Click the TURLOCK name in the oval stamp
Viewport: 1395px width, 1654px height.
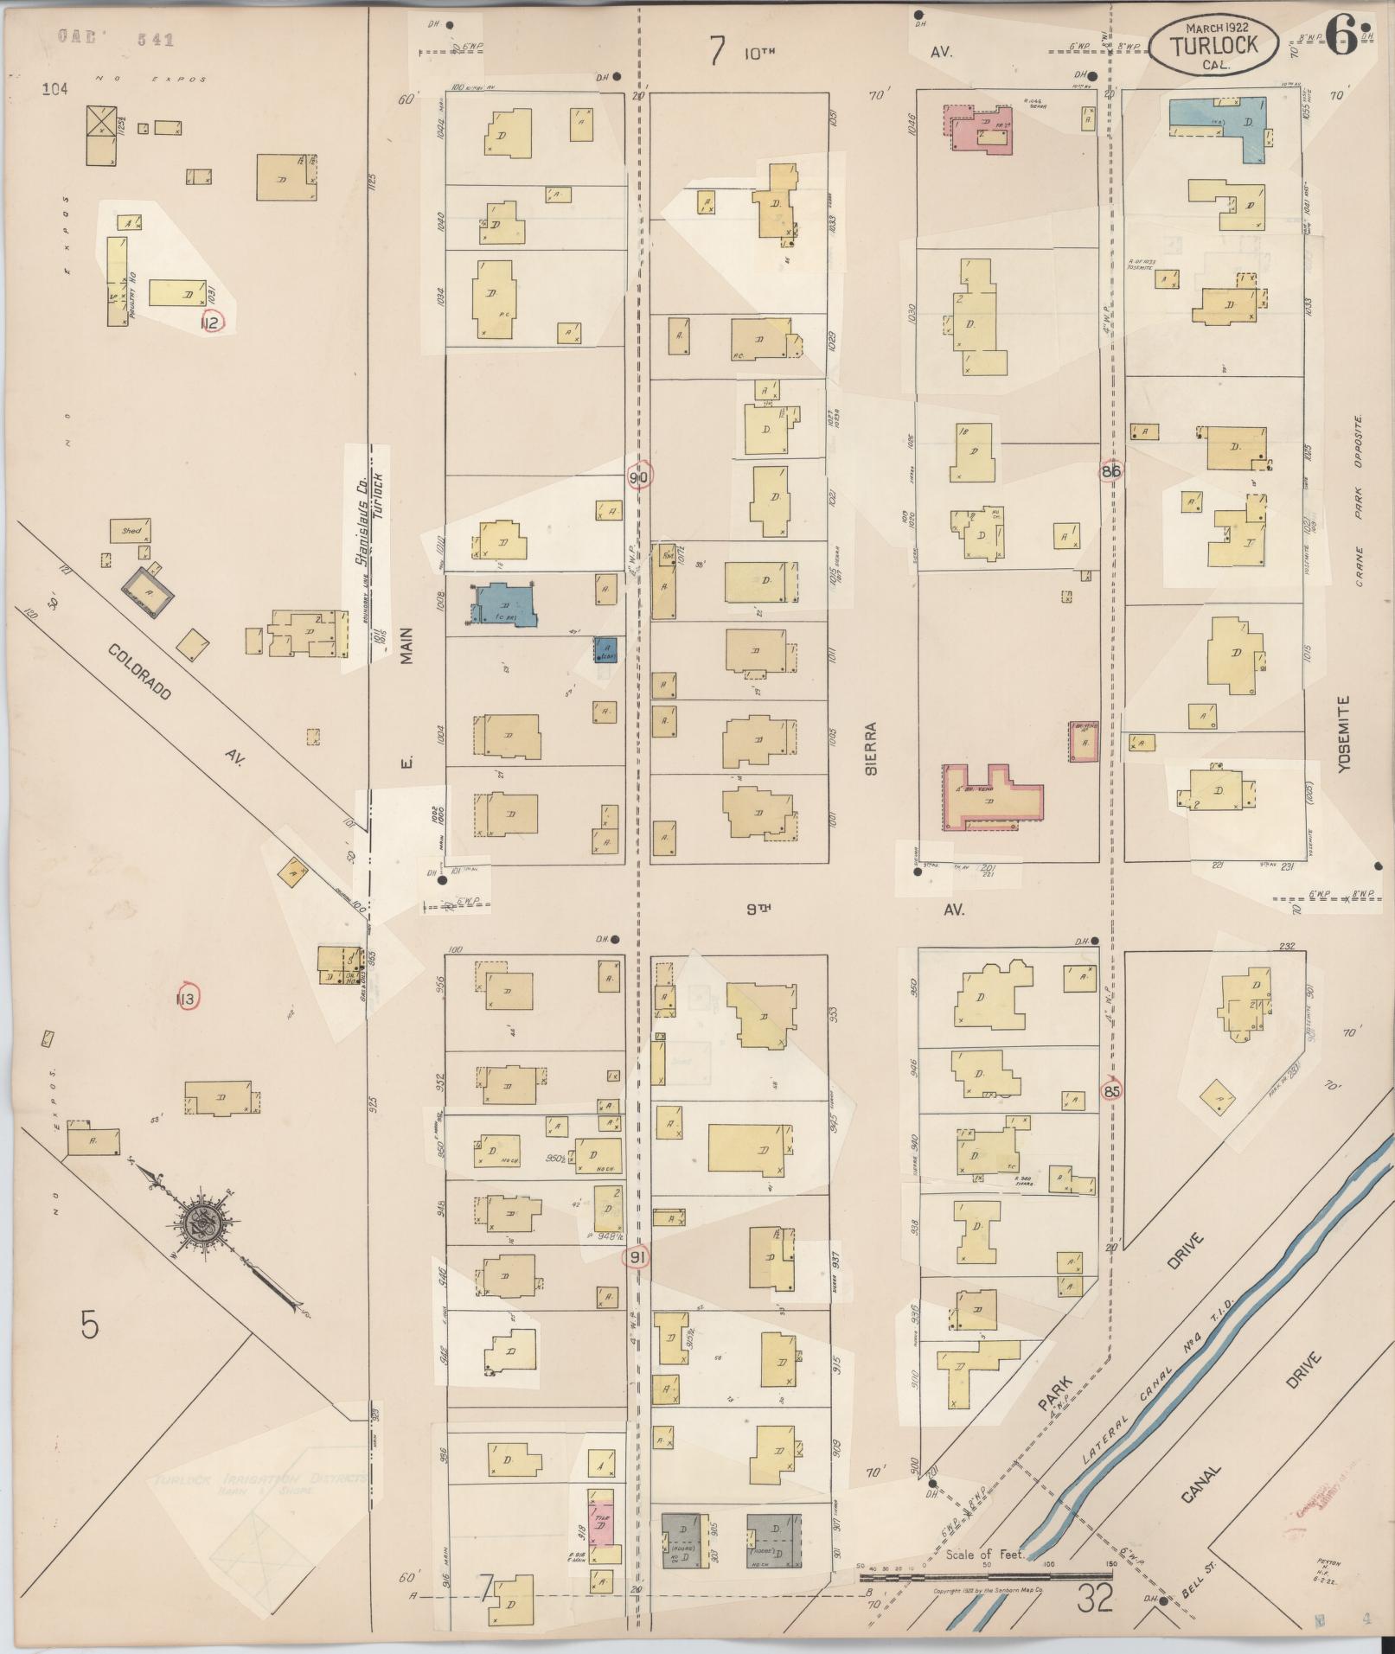(1214, 46)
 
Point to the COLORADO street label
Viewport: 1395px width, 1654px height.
(140, 673)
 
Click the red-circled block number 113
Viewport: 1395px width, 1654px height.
(187, 999)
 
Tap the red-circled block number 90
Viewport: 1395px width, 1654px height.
(639, 476)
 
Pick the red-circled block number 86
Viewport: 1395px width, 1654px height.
(1111, 472)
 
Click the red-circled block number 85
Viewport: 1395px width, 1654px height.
(1112, 1091)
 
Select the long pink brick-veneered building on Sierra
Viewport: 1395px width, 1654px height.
(990, 797)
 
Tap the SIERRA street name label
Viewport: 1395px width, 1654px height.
(871, 748)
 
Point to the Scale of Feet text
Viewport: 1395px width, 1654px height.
(985, 1555)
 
